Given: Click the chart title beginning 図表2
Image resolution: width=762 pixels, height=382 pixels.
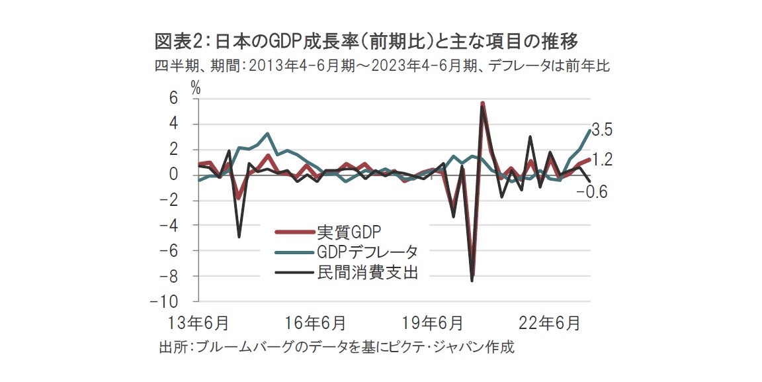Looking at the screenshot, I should [366, 42].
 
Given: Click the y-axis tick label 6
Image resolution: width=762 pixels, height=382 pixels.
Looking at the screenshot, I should [174, 99].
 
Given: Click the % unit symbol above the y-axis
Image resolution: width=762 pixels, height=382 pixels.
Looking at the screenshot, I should [196, 87].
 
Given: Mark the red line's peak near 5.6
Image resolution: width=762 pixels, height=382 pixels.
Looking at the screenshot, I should [483, 103].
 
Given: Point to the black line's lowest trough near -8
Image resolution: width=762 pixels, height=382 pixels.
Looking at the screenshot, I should [472, 281].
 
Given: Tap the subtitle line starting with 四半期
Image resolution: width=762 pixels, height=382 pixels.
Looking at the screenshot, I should [382, 66].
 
